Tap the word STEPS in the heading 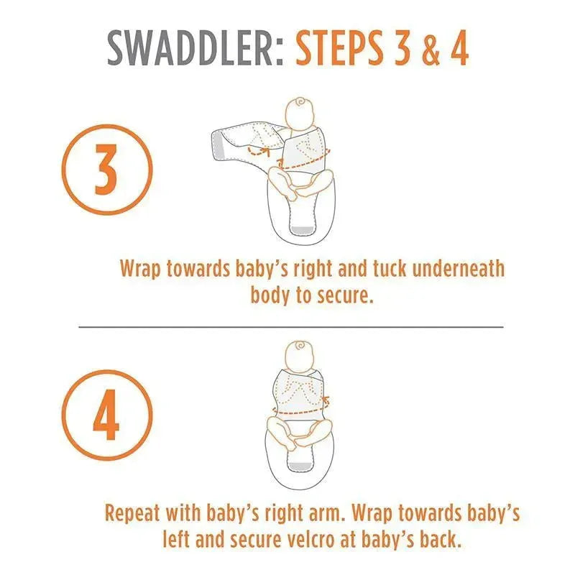(340, 48)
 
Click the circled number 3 (106, 170)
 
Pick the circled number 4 (106, 415)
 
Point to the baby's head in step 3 (300, 114)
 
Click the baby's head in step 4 (300, 356)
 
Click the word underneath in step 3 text (459, 269)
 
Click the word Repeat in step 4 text (132, 513)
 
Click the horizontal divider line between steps (291, 326)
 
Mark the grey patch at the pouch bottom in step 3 (303, 230)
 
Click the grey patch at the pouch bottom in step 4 (300, 466)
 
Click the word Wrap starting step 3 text (140, 270)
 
